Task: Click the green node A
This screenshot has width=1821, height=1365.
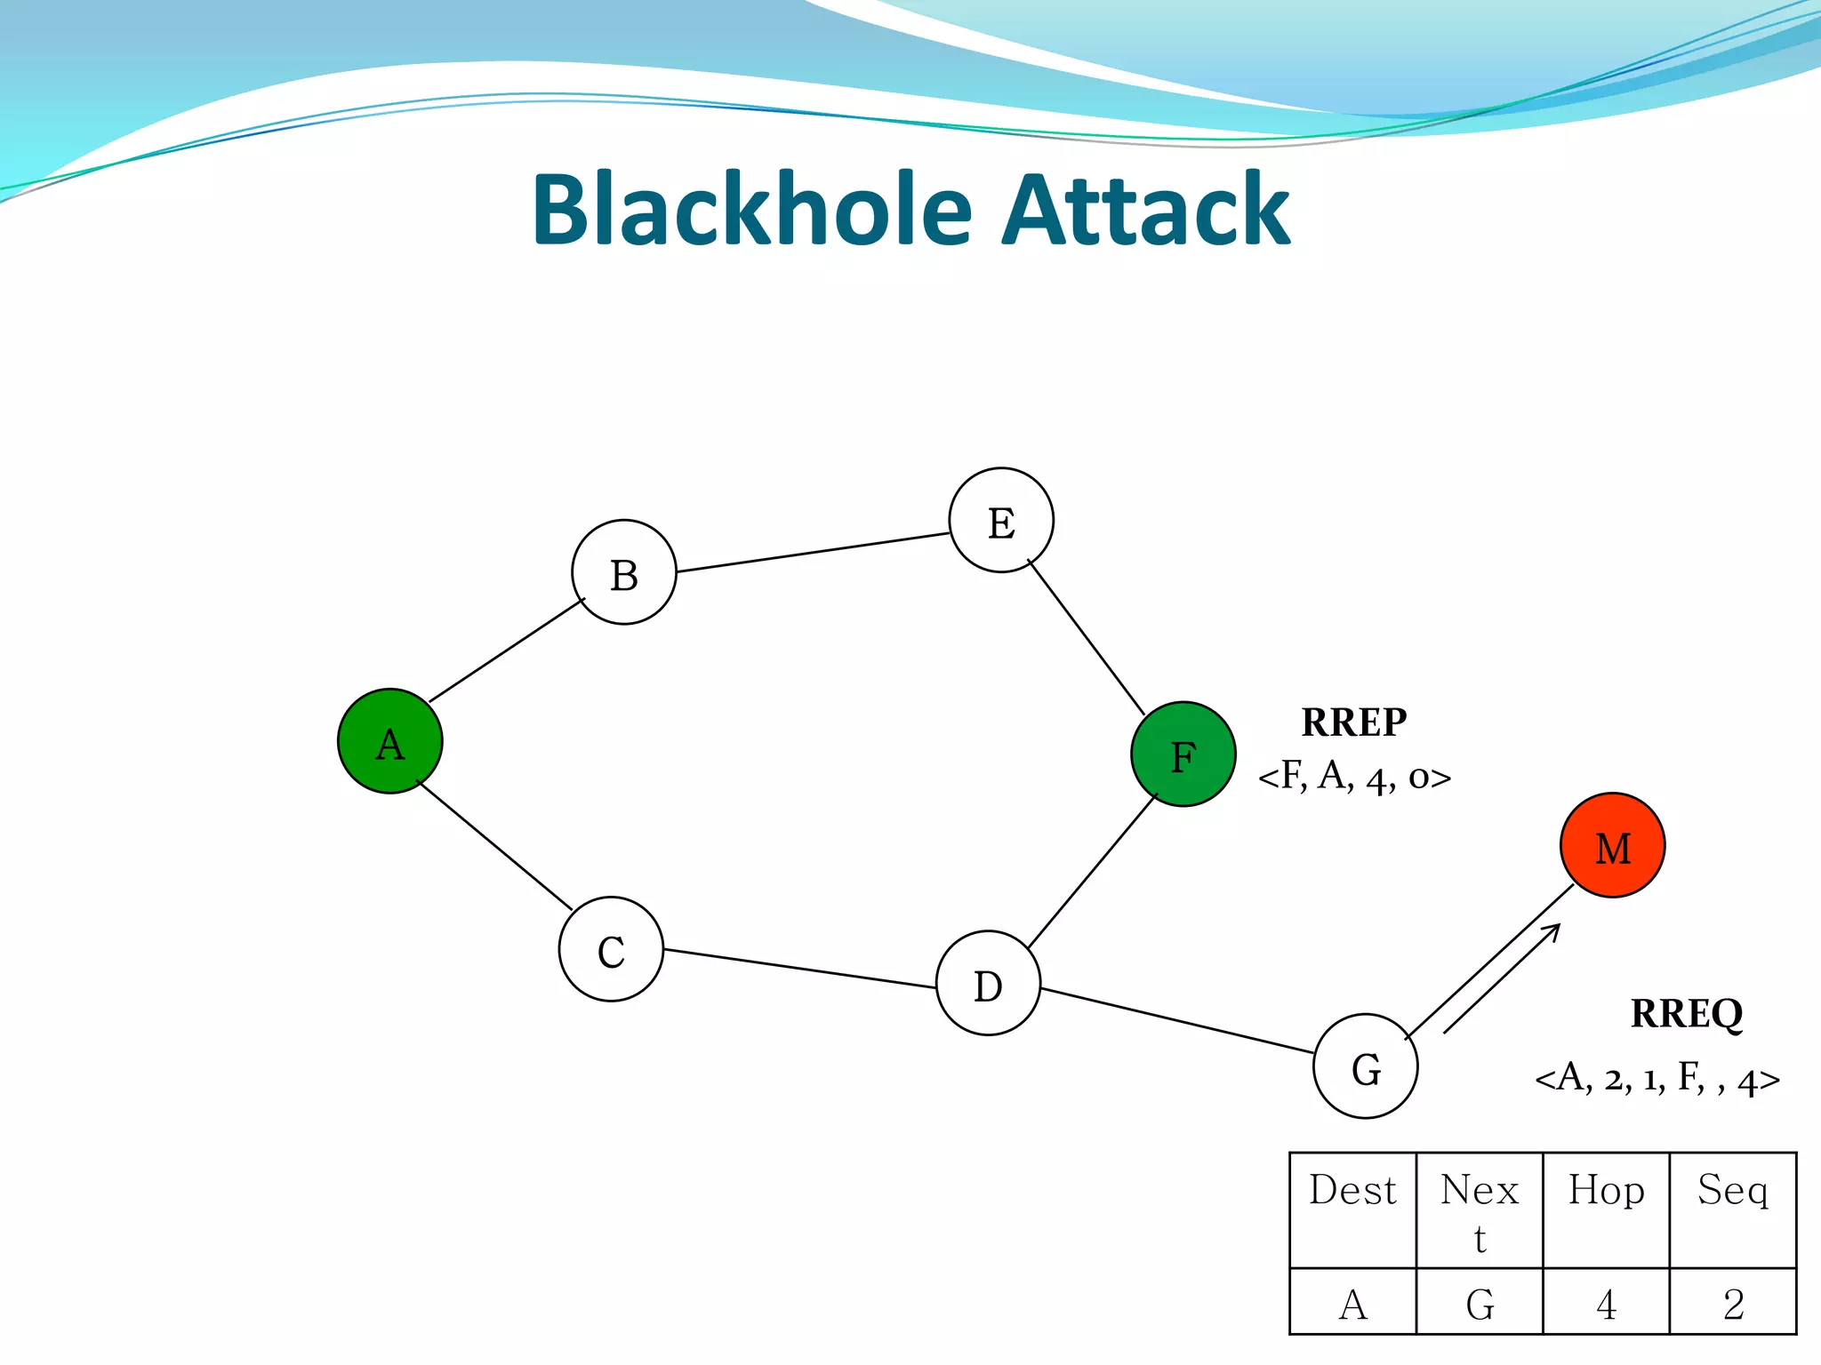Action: pyautogui.click(x=389, y=740)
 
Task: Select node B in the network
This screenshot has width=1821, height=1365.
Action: pyautogui.click(x=623, y=572)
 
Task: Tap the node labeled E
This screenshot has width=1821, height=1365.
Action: pyautogui.click(x=1001, y=520)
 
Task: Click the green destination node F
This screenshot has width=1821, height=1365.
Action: pyautogui.click(x=1183, y=754)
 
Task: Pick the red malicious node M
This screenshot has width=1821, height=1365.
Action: pyautogui.click(x=1612, y=845)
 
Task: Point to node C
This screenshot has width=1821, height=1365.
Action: pyautogui.click(x=611, y=949)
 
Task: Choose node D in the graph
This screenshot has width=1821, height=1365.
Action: pyautogui.click(x=988, y=983)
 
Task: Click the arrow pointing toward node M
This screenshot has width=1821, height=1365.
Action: pyautogui.click(x=1503, y=978)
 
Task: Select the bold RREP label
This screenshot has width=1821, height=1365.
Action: pyautogui.click(x=1353, y=722)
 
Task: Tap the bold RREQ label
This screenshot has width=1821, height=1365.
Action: pyautogui.click(x=1686, y=1013)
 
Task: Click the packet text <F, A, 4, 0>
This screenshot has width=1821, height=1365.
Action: pyautogui.click(x=1353, y=778)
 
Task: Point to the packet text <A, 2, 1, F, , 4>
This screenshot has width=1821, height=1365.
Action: pyautogui.click(x=1657, y=1079)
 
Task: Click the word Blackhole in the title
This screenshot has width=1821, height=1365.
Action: pyautogui.click(x=752, y=210)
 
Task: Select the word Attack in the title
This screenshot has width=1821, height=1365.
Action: pyautogui.click(x=1145, y=210)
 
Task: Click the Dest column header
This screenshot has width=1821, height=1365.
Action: pyautogui.click(x=1352, y=1191)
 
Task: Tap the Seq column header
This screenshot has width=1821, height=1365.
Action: pyautogui.click(x=1732, y=1191)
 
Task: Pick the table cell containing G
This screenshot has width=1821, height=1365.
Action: pyautogui.click(x=1480, y=1304)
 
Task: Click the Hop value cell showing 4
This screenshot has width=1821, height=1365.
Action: pyautogui.click(x=1606, y=1304)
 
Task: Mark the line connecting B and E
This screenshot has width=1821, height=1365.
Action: pyautogui.click(x=813, y=552)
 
